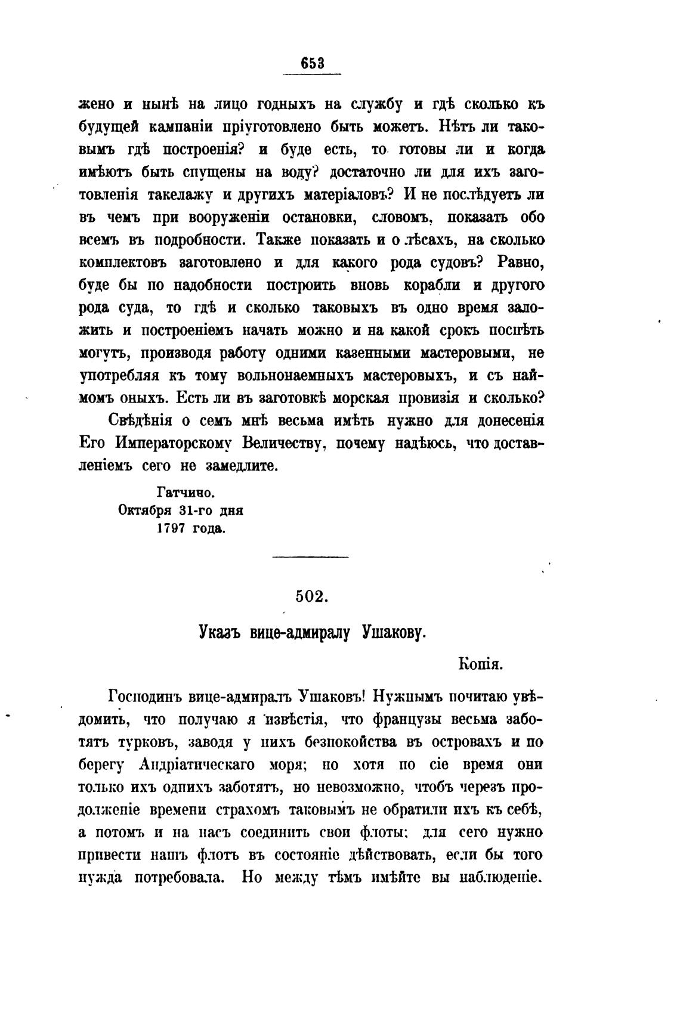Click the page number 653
(x=312, y=63)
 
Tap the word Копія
(x=483, y=663)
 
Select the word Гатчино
(x=185, y=493)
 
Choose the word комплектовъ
(x=124, y=262)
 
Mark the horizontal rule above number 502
(x=310, y=558)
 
